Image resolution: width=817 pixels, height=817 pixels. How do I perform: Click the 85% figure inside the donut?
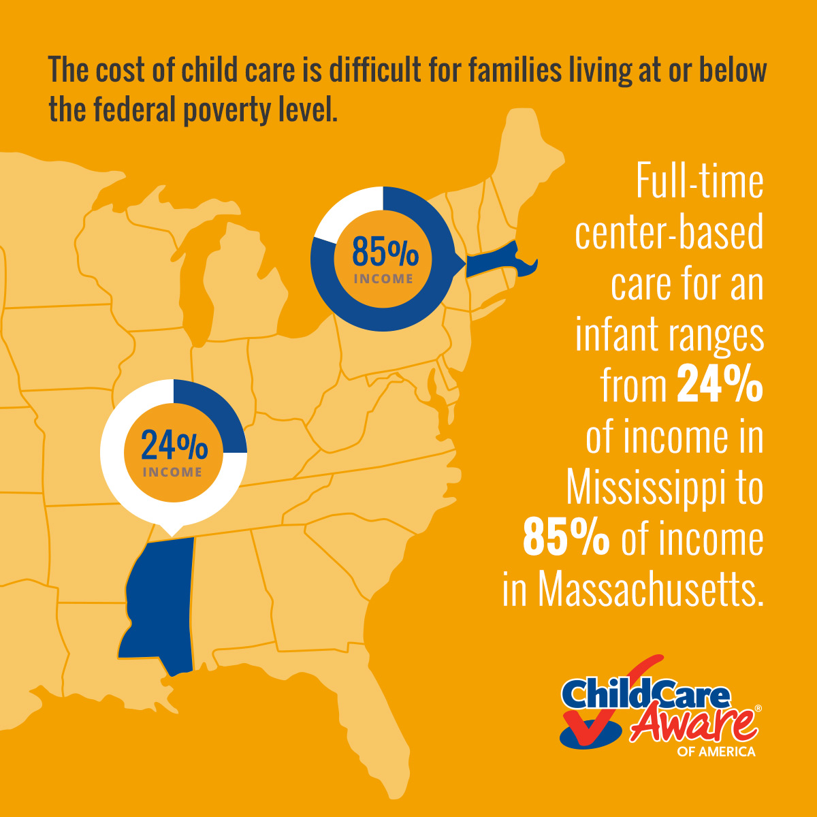[385, 251]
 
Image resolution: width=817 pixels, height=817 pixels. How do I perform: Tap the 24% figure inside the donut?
[174, 445]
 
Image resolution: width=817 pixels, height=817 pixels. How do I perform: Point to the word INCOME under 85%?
[383, 279]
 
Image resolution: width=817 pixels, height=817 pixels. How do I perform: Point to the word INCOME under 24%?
[172, 472]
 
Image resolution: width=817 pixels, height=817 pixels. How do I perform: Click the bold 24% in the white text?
[720, 384]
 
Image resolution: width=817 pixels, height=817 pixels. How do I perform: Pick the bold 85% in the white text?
[566, 537]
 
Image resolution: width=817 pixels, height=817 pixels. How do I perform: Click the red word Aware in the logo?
[694, 722]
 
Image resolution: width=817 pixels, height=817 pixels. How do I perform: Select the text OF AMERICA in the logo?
[716, 752]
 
